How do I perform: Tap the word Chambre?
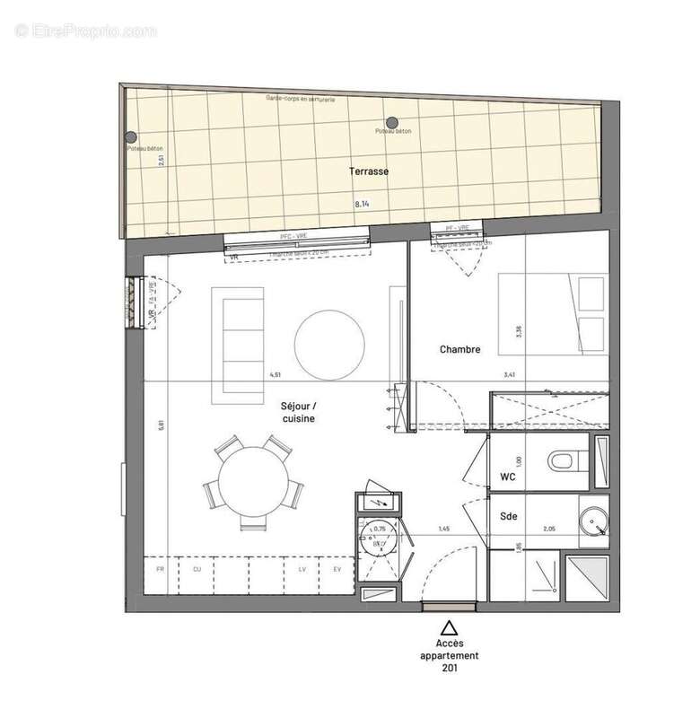click(459, 349)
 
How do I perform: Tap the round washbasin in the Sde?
click(592, 520)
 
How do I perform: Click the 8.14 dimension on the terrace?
click(363, 205)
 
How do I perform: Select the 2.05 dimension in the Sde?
click(549, 530)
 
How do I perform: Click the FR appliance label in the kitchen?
click(160, 569)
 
